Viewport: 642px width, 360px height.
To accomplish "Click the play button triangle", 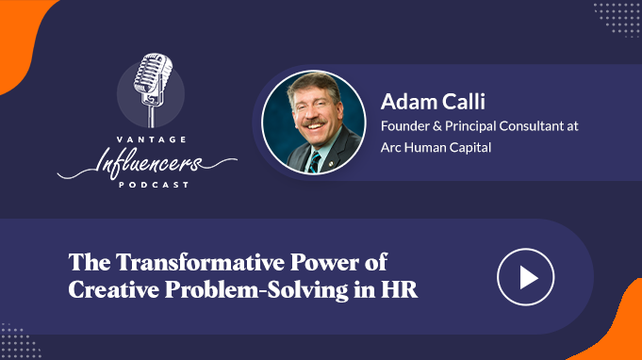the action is pos(528,277).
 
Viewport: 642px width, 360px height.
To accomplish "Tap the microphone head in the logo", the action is pos(153,73).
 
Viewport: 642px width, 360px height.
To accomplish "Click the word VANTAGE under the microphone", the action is pos(152,139).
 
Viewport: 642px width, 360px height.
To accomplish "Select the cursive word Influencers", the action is pos(147,163).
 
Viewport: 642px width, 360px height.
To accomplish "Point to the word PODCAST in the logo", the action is pos(154,185).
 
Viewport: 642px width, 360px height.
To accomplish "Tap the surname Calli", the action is pos(463,101).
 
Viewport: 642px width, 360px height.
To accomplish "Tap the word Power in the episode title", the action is pos(324,262).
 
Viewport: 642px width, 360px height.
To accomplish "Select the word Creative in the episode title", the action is pos(114,289).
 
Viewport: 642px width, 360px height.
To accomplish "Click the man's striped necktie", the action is pos(315,162).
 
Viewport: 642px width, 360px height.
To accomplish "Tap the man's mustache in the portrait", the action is pos(315,123).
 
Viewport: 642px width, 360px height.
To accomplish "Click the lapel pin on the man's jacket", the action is pos(331,164).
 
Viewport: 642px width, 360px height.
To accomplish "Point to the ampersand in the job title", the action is pos(436,126).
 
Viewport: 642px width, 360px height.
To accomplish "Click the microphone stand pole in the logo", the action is pos(152,116).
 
